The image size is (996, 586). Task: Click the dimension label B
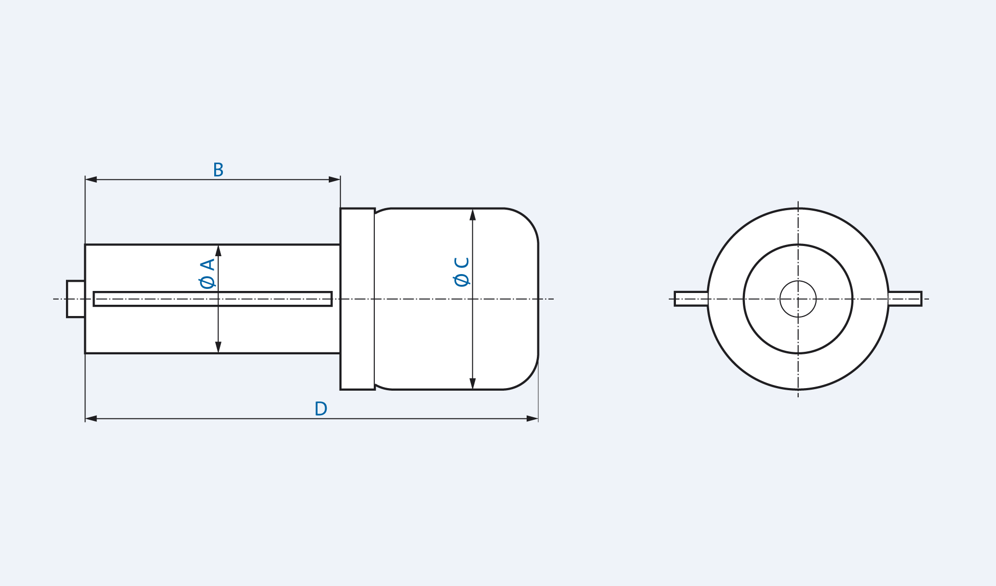click(218, 170)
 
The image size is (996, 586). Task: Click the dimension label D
click(321, 409)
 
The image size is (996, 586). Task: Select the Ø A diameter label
click(208, 274)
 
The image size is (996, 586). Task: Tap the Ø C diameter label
click(462, 272)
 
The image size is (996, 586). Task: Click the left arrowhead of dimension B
click(91, 179)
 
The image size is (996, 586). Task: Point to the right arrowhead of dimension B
click(334, 179)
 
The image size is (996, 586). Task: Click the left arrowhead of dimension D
click(91, 419)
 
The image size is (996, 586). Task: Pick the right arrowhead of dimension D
click(532, 419)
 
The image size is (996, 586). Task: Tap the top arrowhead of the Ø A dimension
click(218, 251)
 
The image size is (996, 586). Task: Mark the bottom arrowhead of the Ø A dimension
click(218, 347)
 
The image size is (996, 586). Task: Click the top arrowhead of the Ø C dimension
click(472, 215)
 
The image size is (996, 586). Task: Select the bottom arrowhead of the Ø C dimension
click(472, 384)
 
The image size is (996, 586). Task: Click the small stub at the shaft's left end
click(76, 299)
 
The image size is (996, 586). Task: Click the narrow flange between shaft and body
click(357, 299)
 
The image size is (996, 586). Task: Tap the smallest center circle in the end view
click(798, 299)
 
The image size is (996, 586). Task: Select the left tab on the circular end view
click(691, 299)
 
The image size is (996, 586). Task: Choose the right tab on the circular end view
click(905, 299)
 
